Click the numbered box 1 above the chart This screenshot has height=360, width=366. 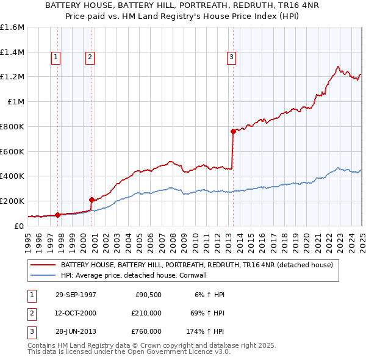coord(56,58)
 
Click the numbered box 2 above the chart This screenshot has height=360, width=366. coord(90,58)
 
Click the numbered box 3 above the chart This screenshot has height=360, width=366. coord(232,58)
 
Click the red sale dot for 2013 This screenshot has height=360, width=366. coord(233,131)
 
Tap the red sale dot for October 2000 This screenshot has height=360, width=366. coord(91,200)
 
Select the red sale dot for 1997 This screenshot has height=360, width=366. coord(57,215)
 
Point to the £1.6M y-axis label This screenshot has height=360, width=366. coord(12,27)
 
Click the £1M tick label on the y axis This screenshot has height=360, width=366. coord(16,102)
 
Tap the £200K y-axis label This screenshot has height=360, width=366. coord(12,201)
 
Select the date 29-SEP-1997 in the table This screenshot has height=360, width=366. coord(76,295)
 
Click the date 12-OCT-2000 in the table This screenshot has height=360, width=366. coord(76,313)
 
